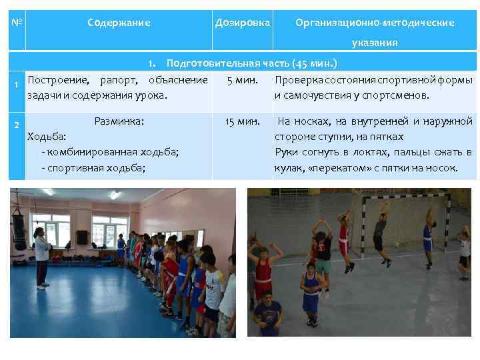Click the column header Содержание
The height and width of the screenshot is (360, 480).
pyautogui.click(x=119, y=23)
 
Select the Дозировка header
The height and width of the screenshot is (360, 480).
pyautogui.click(x=243, y=23)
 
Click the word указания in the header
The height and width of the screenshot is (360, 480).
pyautogui.click(x=375, y=43)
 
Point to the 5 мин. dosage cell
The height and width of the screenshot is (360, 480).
pyautogui.click(x=238, y=81)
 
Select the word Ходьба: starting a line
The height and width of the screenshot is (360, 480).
pyautogui.click(x=46, y=137)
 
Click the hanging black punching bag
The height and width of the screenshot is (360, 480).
pyautogui.click(x=20, y=230)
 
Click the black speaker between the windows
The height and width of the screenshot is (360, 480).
pyautogui.click(x=82, y=237)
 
